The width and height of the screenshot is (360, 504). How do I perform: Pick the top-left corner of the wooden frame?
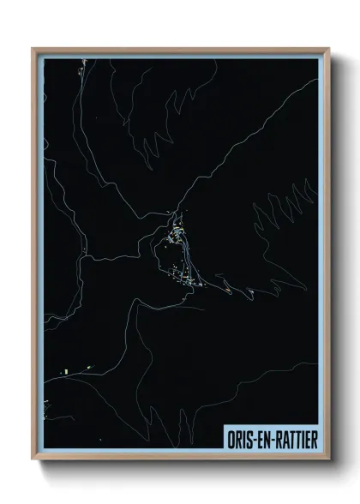coord(33,49)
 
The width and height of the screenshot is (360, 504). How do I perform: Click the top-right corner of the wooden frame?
coord(328,49)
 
